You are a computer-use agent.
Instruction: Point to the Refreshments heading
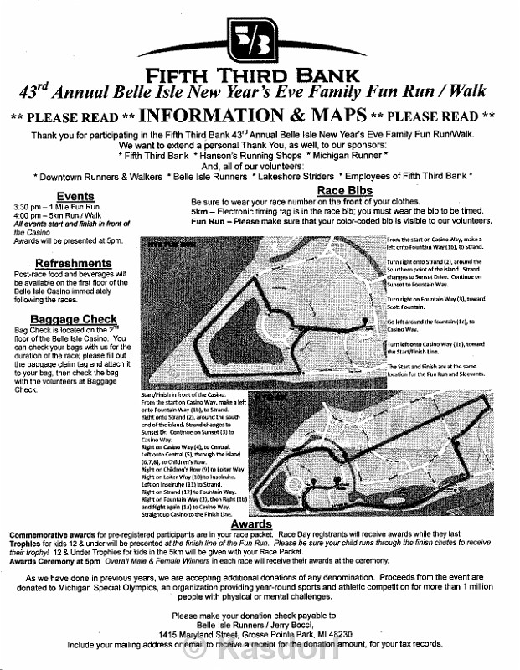[x=58, y=264]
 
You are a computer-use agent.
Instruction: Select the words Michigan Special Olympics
[x=144, y=589]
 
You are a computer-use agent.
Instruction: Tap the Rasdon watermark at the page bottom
[x=260, y=654]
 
